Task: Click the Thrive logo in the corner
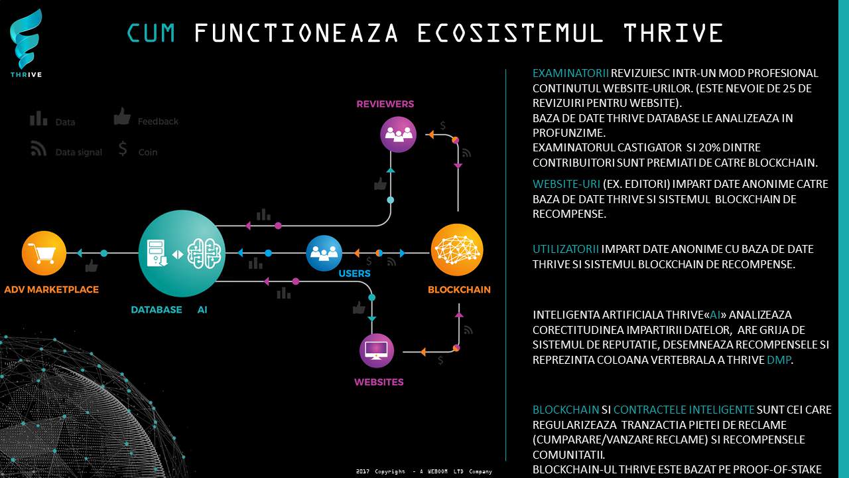pyautogui.click(x=26, y=43)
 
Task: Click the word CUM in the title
pyautogui.click(x=151, y=33)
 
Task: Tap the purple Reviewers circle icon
pyautogui.click(x=398, y=134)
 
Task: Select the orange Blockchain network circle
pyautogui.click(x=457, y=250)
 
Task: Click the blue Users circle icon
pyautogui.click(x=324, y=253)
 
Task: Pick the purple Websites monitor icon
pyautogui.click(x=376, y=351)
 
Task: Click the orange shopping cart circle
pyautogui.click(x=44, y=253)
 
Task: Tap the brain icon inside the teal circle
pyautogui.click(x=204, y=254)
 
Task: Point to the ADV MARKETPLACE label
pyautogui.click(x=52, y=289)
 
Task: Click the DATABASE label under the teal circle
pyautogui.click(x=156, y=309)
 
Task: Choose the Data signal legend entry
pyautogui.click(x=66, y=149)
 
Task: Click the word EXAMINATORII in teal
pyautogui.click(x=570, y=73)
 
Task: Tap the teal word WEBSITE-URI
pyautogui.click(x=566, y=184)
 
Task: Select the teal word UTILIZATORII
pyautogui.click(x=566, y=249)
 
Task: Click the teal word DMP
pyautogui.click(x=779, y=360)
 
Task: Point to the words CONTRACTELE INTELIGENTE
pyautogui.click(x=684, y=410)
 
